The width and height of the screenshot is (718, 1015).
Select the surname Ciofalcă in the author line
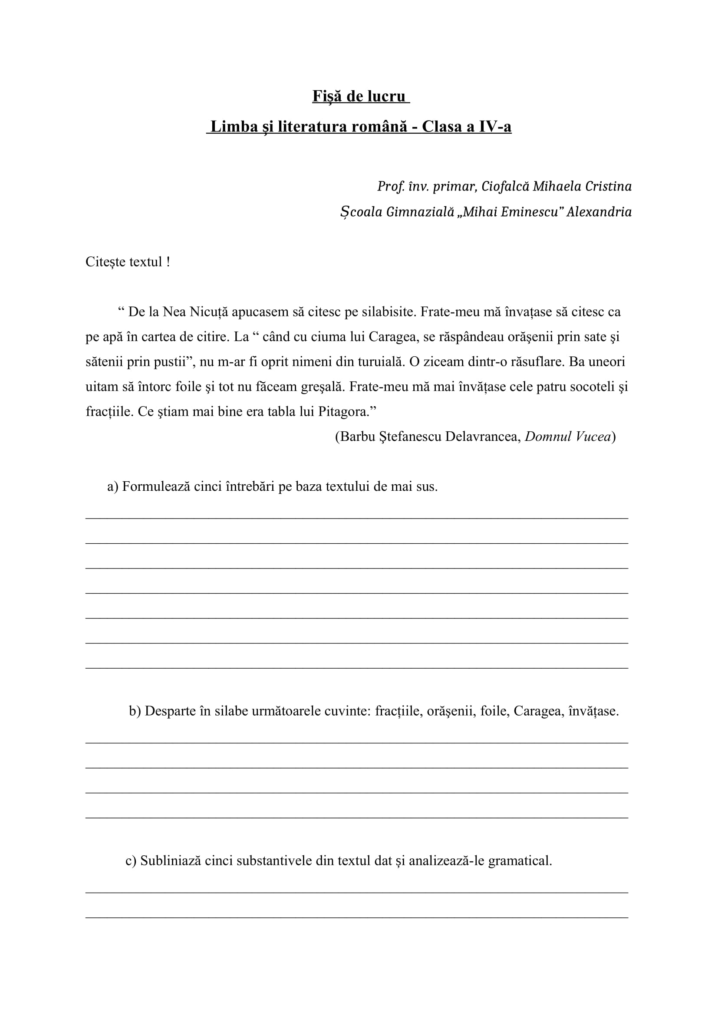(x=505, y=187)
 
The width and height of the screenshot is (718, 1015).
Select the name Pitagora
(x=346, y=412)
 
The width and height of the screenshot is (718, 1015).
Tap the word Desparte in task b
(x=170, y=711)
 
